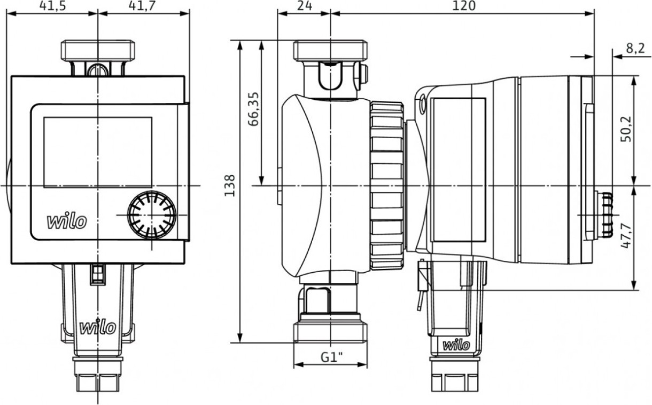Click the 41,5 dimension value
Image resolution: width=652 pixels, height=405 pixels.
tap(53, 6)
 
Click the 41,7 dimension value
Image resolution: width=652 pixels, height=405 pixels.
tap(142, 6)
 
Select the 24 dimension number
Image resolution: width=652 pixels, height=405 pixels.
tap(305, 6)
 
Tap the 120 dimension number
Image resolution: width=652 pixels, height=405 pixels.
tap(464, 6)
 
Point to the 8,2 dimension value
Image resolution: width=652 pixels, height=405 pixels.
tap(636, 49)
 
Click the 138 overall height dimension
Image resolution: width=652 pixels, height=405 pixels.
tap(230, 186)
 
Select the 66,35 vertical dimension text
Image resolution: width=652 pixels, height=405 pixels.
tap(253, 109)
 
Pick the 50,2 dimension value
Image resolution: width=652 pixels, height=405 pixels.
tap(626, 129)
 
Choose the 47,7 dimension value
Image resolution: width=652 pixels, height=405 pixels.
tap(626, 236)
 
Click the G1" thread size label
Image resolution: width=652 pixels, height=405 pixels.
tap(332, 358)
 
